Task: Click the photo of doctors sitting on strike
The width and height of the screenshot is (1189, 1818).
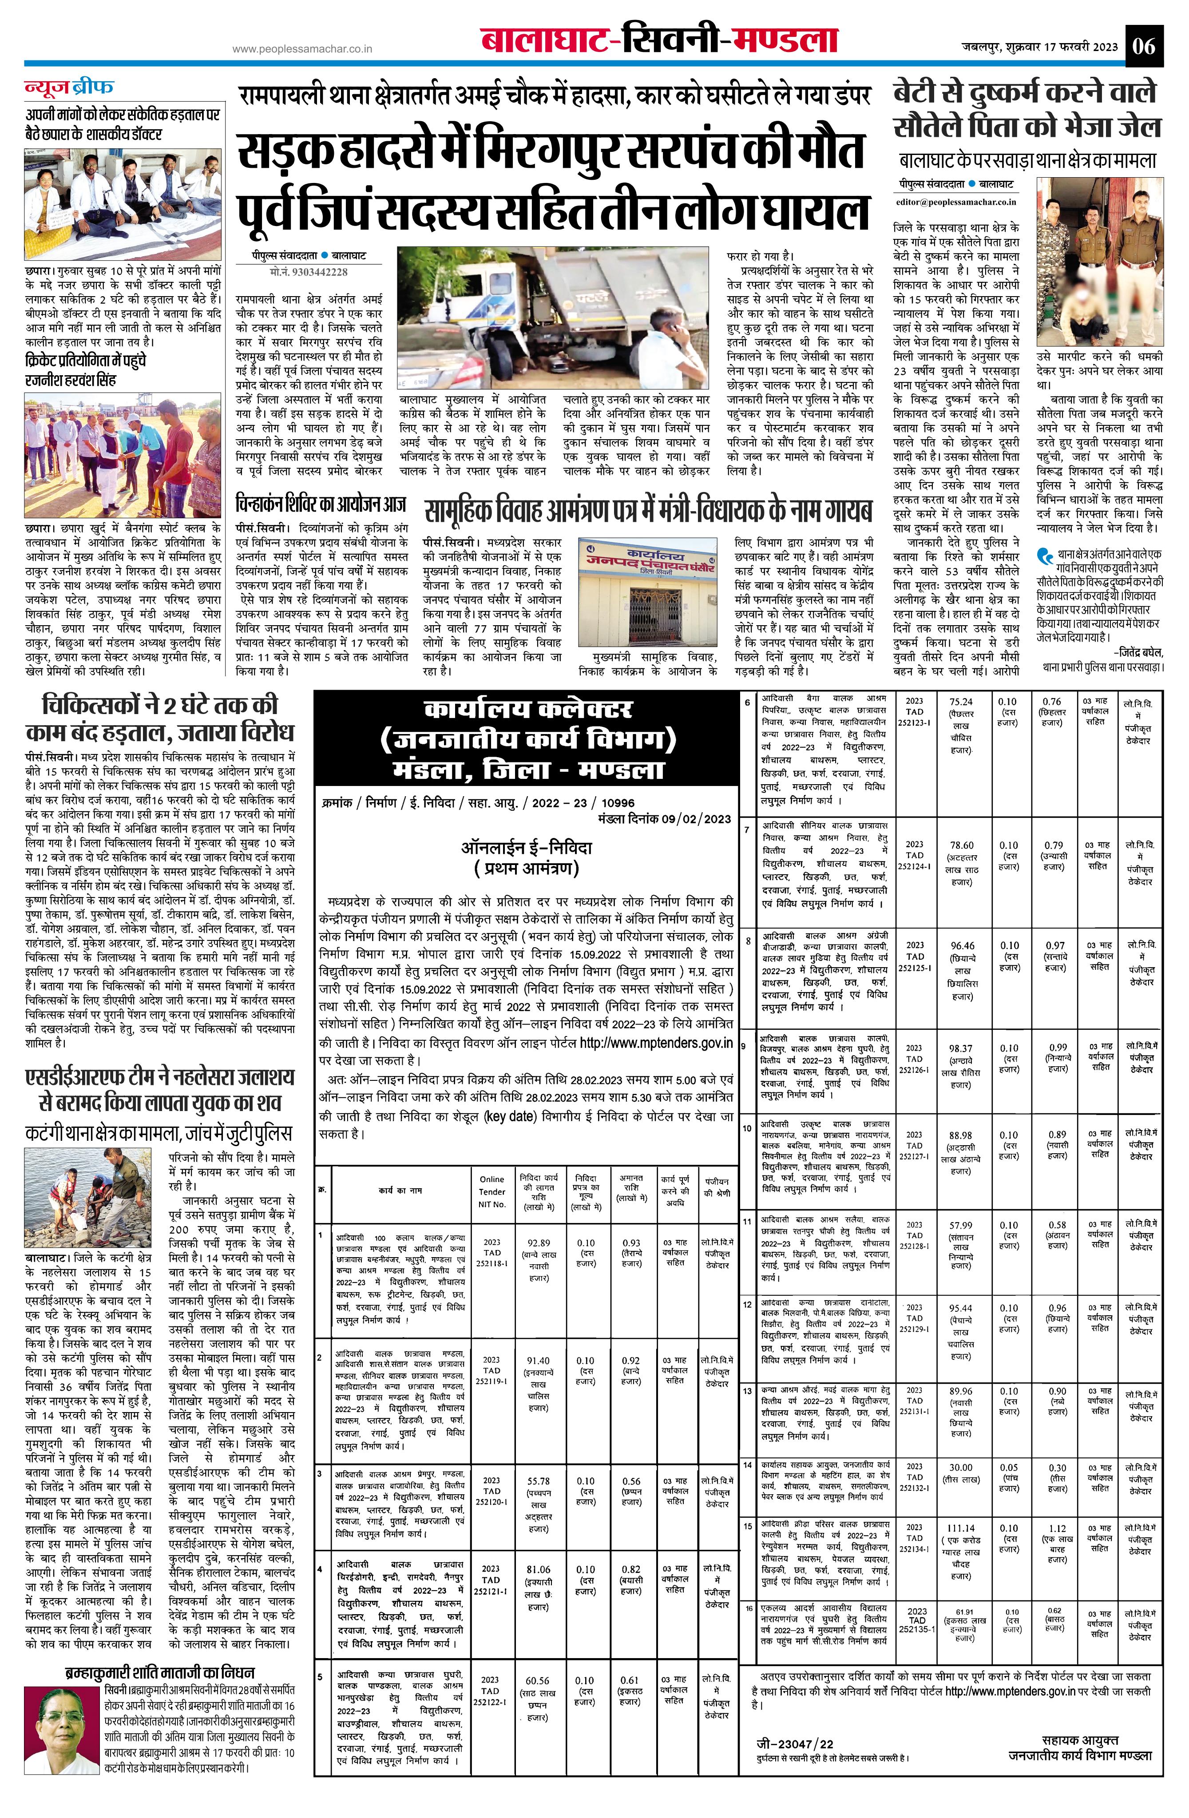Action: (122, 205)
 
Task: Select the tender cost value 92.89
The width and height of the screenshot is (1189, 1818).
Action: (539, 1243)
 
